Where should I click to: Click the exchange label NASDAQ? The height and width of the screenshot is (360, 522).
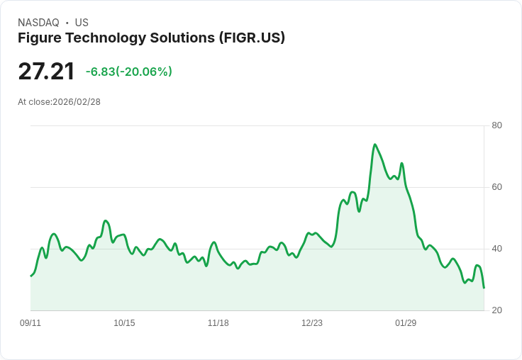coord(38,23)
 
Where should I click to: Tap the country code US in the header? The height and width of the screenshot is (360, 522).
coord(82,23)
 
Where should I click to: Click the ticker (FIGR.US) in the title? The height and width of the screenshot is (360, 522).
coord(252,38)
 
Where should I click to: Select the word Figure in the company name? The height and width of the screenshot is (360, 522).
coord(40,38)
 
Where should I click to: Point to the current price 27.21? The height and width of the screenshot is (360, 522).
coord(46,72)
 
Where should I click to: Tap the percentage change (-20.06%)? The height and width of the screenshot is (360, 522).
coord(145,72)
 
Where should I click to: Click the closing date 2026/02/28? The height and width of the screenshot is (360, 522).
coord(77,102)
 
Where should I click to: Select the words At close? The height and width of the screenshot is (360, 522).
coord(34,102)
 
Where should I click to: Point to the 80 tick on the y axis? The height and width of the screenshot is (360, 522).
coord(496,125)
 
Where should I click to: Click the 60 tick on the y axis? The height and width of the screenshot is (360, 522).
coord(496,187)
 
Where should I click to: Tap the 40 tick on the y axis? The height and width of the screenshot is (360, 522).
coord(496,249)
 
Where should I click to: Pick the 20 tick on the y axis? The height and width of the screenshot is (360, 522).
coord(496,310)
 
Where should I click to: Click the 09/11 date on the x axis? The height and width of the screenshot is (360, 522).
coord(30,323)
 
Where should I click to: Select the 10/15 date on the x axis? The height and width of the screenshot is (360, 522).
coord(124,323)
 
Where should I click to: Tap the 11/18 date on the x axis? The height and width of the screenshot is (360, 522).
coord(218,323)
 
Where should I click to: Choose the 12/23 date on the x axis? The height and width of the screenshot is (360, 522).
coord(312,323)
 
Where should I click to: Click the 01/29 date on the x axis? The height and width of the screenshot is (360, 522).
coord(406,323)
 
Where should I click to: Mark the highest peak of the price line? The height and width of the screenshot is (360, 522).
coord(374,145)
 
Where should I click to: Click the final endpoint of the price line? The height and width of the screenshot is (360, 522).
coord(484,288)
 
